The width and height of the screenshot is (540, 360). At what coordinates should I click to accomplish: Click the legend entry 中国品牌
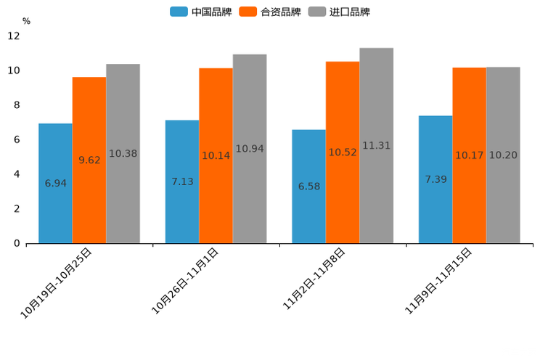click(x=201, y=12)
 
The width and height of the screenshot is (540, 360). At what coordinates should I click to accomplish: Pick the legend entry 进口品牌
click(x=339, y=12)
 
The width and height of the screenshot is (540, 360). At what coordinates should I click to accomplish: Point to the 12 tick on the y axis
click(x=14, y=36)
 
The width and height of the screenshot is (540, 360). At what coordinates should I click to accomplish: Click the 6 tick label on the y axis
click(x=17, y=139)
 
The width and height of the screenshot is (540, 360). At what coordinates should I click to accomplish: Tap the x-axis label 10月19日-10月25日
click(x=57, y=282)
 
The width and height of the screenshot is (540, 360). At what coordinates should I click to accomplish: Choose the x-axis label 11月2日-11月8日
click(x=314, y=279)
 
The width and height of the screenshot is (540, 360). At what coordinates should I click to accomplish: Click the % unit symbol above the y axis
click(x=26, y=21)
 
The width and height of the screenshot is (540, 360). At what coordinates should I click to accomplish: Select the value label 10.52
click(x=343, y=152)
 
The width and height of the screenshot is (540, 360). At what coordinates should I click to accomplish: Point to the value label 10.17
click(x=470, y=155)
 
